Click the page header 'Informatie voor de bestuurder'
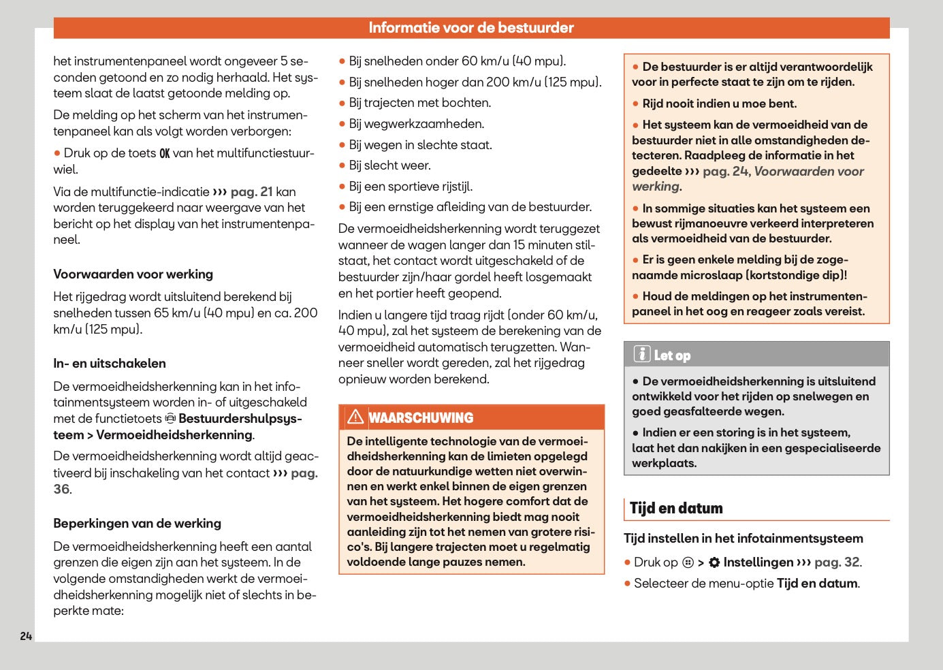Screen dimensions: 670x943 (471, 28)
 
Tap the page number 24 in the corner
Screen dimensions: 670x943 (26, 636)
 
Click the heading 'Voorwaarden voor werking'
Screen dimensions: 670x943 (133, 274)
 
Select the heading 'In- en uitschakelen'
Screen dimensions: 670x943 (110, 364)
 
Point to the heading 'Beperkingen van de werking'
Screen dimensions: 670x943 (138, 524)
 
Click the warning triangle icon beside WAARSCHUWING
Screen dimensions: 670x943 (355, 417)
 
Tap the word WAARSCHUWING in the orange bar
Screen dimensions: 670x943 (421, 418)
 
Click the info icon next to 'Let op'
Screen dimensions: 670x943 (641, 355)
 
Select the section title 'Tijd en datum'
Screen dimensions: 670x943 (676, 509)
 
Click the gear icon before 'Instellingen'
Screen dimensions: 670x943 (714, 562)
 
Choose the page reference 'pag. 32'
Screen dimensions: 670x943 (837, 562)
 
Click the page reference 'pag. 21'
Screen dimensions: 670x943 (251, 192)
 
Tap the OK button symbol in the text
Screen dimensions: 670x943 (164, 154)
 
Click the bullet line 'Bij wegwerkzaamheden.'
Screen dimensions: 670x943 (417, 124)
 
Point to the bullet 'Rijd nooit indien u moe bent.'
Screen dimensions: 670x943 (719, 103)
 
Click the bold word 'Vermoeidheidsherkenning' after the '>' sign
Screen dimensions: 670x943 (174, 435)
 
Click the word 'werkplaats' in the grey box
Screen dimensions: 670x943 (664, 463)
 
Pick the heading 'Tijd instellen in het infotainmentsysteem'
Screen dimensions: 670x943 (744, 539)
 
